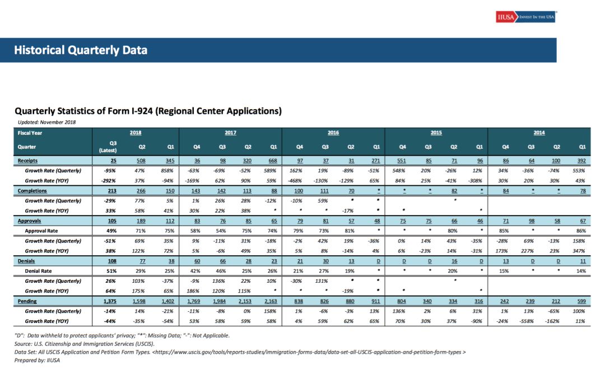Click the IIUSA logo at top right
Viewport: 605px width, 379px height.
(x=525, y=17)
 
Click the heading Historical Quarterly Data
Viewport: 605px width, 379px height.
(x=81, y=50)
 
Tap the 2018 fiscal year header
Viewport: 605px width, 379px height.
(x=136, y=133)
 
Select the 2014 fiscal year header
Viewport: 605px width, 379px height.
(x=539, y=133)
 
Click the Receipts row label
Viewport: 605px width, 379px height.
(x=28, y=161)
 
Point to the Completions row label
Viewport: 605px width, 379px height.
(x=32, y=191)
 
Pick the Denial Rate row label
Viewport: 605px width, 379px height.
(x=38, y=271)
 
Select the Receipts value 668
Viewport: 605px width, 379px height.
(x=272, y=161)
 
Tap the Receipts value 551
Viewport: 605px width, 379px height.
(x=401, y=161)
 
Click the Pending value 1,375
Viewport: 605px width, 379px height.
(x=110, y=301)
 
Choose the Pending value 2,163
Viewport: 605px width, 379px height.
(x=271, y=301)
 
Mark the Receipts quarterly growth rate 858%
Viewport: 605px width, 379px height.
(x=168, y=171)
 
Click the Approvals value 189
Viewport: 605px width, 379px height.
(x=141, y=221)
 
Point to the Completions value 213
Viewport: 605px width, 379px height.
(x=112, y=191)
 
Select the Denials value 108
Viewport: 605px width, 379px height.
(x=112, y=261)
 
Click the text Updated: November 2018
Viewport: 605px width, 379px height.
(x=46, y=122)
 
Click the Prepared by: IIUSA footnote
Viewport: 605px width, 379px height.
(x=37, y=361)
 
